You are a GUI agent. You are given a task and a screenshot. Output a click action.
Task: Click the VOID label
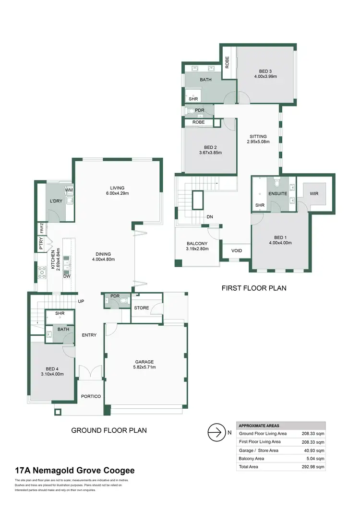pos(237,251)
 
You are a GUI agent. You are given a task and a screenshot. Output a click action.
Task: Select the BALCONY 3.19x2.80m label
pos(197,246)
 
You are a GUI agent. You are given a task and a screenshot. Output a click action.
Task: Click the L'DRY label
pos(57,199)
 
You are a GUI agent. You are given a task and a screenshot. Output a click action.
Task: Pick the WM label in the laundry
pos(69,190)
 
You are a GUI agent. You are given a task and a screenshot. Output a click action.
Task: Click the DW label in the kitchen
pos(67,276)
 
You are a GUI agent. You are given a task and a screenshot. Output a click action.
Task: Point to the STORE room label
pos(142,308)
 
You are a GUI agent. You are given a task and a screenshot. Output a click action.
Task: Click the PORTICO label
pos(91,396)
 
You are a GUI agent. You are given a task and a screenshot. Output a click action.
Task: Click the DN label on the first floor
pos(210,217)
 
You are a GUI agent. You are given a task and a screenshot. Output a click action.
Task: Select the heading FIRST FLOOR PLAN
pos(254,288)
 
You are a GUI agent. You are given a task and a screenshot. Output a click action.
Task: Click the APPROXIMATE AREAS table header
pos(259,426)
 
